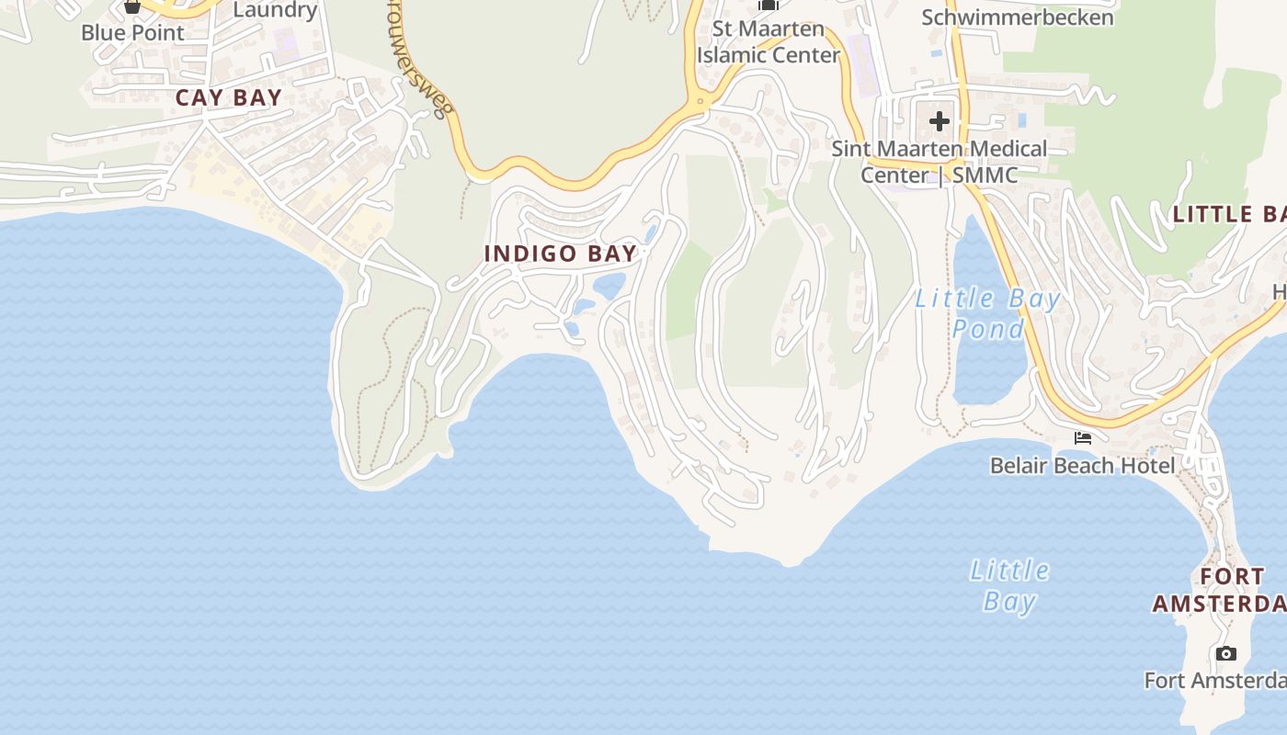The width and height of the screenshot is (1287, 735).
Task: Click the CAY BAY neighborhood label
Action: click(x=228, y=98)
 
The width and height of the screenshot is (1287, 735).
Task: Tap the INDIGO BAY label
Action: click(x=561, y=254)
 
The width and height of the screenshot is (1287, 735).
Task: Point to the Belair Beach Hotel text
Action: click(x=1082, y=466)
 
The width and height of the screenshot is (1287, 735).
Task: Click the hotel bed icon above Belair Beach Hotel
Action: click(x=1083, y=438)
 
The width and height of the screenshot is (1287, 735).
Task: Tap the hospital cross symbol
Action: click(x=939, y=120)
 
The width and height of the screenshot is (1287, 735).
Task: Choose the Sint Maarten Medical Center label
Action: click(x=939, y=162)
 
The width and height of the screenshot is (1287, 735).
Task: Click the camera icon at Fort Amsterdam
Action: click(x=1225, y=654)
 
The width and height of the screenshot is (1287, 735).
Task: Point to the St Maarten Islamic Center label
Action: click(x=769, y=42)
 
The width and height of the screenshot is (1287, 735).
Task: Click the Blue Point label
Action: click(x=132, y=32)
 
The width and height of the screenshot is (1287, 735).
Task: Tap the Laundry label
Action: click(x=275, y=11)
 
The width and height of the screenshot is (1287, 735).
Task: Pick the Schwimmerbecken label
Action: click(x=1017, y=17)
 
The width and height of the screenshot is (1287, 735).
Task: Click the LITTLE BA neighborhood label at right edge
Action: click(x=1228, y=215)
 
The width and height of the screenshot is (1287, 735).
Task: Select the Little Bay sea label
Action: click(x=1009, y=585)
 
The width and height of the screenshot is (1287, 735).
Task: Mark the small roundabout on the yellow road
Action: click(x=700, y=100)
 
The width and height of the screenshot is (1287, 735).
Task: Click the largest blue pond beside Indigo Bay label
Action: click(x=609, y=286)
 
